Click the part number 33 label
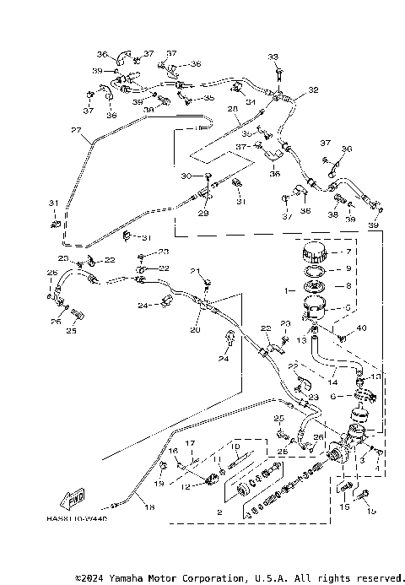point(273,57)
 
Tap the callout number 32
point(313,89)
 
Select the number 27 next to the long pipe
point(75,131)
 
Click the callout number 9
point(343,270)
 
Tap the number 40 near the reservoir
point(362,328)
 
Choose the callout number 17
point(191,443)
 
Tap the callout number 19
point(159,484)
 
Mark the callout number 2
point(220,512)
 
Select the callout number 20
point(196,331)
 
